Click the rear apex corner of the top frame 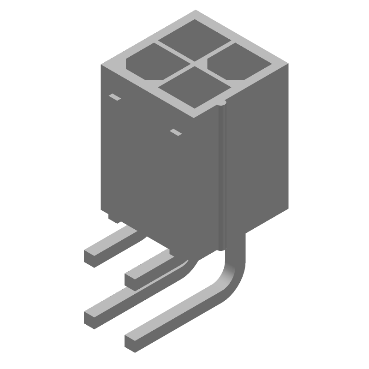[x=196, y=11]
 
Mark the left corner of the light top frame [x=102, y=65]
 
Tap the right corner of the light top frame [x=289, y=65]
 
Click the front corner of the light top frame [x=196, y=113]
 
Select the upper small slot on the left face [x=114, y=97]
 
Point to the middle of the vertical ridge [x=223, y=175]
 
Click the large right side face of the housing [x=258, y=152]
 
